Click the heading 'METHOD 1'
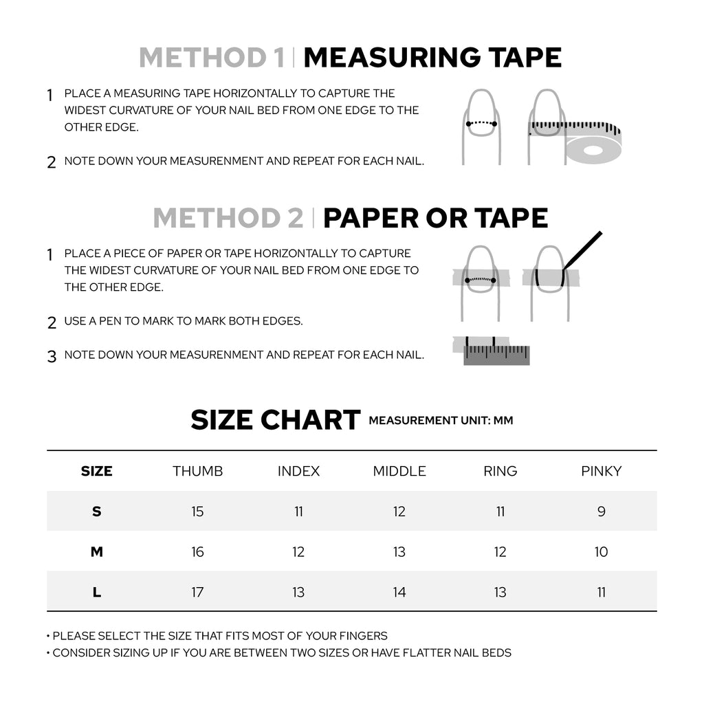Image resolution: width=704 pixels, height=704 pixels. click(x=212, y=58)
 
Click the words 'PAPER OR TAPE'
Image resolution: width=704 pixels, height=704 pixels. click(x=435, y=218)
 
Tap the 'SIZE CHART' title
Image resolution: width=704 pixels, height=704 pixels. click(x=275, y=419)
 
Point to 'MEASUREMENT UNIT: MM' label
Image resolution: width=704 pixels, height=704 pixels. click(x=441, y=420)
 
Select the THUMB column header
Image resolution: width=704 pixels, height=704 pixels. click(x=197, y=471)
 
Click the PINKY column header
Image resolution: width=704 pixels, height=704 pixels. click(x=601, y=471)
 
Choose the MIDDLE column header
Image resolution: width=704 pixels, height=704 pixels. click(x=399, y=471)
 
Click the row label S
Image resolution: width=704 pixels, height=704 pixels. click(x=96, y=511)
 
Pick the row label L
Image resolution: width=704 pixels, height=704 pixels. click(x=96, y=592)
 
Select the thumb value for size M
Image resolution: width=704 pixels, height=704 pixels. click(x=197, y=552)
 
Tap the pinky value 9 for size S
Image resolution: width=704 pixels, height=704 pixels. click(x=601, y=511)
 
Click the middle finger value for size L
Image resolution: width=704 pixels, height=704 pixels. click(x=399, y=592)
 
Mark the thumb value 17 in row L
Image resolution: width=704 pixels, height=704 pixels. click(x=197, y=592)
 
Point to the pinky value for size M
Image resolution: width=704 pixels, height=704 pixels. click(x=601, y=552)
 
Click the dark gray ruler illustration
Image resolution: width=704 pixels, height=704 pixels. click(x=496, y=354)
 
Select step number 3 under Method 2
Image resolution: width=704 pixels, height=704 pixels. click(x=52, y=357)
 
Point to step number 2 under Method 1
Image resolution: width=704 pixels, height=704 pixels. click(x=52, y=163)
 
